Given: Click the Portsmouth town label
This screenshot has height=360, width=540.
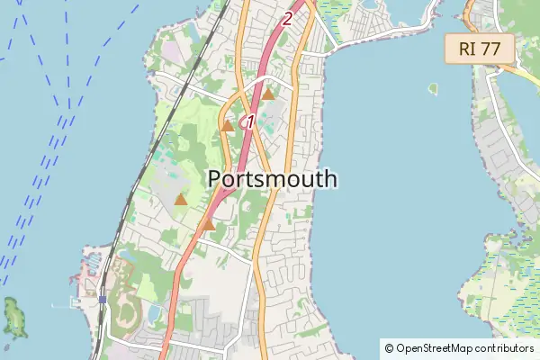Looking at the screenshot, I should (273, 179).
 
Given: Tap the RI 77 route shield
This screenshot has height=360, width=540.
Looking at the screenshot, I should (479, 49).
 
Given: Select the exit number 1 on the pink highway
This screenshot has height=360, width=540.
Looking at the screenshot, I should (250, 121).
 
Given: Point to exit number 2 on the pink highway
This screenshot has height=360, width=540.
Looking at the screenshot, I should (287, 17).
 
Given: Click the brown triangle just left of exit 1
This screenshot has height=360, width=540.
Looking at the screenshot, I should (228, 126).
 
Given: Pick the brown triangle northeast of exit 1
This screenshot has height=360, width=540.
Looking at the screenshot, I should (267, 93).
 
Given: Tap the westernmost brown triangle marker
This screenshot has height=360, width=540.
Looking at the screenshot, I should (181, 199).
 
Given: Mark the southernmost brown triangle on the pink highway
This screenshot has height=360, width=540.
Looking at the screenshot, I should (208, 224).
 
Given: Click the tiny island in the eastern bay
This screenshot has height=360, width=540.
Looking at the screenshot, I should (433, 89).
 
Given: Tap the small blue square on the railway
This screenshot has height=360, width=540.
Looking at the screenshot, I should (103, 299).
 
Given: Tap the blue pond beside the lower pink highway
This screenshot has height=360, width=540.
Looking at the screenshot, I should (154, 311).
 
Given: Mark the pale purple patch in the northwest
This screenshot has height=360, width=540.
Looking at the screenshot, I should (170, 50).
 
